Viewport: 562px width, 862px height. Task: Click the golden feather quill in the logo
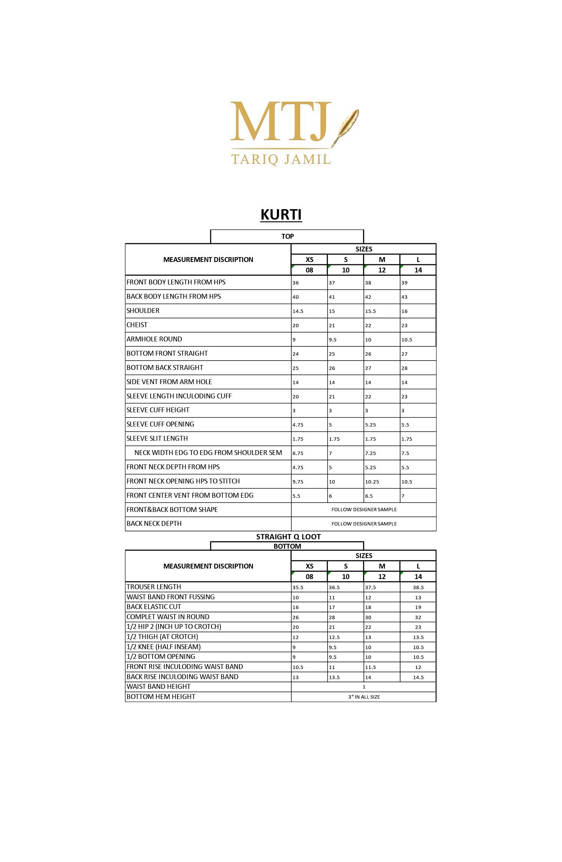[x=348, y=126]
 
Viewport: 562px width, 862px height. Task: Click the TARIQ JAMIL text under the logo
[x=281, y=159]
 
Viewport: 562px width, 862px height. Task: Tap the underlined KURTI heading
[x=281, y=215]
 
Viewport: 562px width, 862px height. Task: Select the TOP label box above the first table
[x=287, y=236]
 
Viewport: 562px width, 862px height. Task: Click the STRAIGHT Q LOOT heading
[x=288, y=537]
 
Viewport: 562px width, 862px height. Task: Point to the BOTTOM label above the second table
[x=287, y=546]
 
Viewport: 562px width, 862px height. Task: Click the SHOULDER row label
[x=143, y=311]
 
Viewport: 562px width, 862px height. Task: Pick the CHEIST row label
[x=137, y=325]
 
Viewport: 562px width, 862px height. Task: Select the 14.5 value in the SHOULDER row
[x=298, y=311]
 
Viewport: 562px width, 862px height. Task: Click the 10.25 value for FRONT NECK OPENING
[x=372, y=482]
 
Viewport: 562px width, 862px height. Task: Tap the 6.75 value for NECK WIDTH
[x=298, y=453]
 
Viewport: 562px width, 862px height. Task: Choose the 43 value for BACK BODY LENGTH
[x=404, y=297]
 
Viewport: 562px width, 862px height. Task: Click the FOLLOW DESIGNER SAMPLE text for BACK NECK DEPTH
[x=364, y=524]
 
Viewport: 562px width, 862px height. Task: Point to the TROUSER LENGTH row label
[x=154, y=587]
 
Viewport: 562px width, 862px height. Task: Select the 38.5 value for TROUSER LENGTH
[x=418, y=588]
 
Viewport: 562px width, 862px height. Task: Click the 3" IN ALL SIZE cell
[x=364, y=697]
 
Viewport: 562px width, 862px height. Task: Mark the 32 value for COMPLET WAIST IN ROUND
[x=418, y=618]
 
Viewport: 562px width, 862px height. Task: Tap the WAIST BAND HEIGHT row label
[x=158, y=687]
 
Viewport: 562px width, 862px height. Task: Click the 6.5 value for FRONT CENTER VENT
[x=369, y=496]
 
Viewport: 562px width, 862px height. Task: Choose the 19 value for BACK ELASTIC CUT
[x=418, y=608]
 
